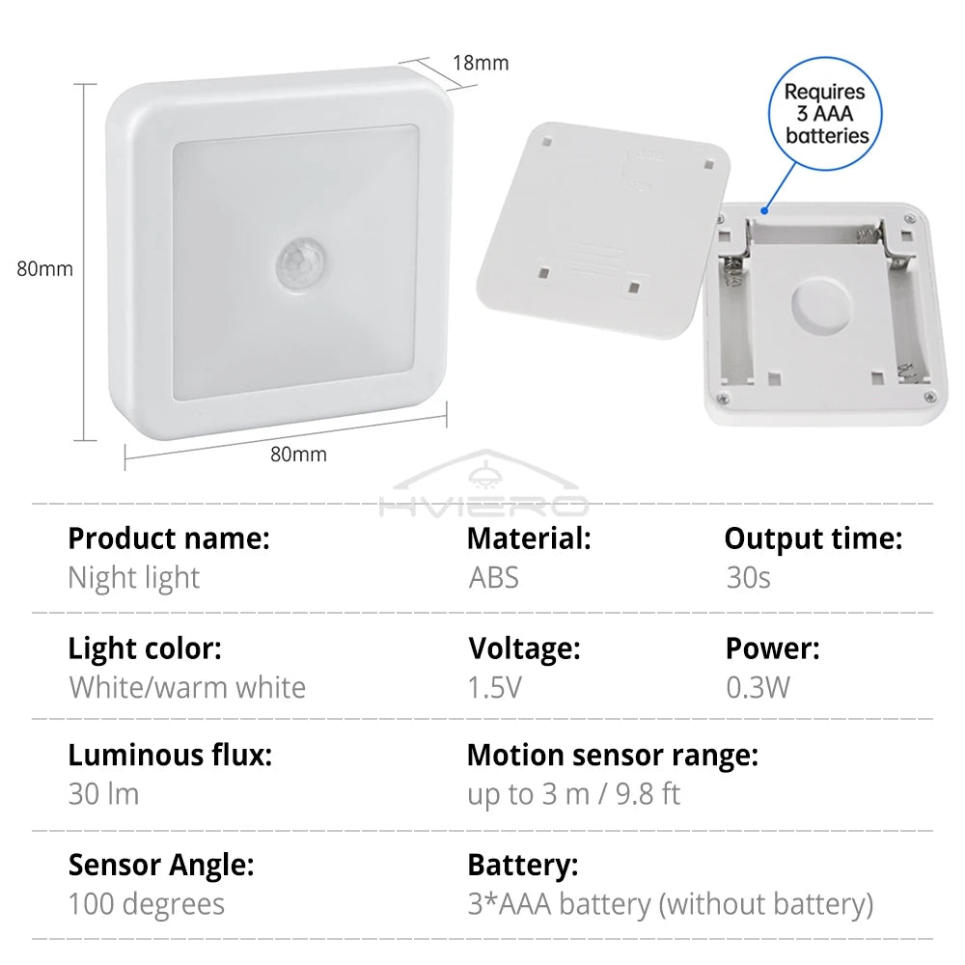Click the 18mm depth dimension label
coord(481,64)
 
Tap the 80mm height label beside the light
coord(44,269)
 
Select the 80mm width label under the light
coord(298,454)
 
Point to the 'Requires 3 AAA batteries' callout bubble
coord(826,114)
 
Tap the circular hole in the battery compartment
coord(821,307)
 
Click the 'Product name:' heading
coord(169,538)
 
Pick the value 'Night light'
coord(133,578)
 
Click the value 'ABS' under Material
coord(493,578)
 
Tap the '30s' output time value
coord(749,578)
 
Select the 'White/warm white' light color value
coord(187,687)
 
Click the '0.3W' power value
coord(758,687)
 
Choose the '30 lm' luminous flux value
coord(103,794)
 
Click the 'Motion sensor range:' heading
coord(612,756)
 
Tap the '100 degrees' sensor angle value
coord(146,904)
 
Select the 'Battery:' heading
coord(522,866)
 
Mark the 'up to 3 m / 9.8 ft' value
coord(574,794)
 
